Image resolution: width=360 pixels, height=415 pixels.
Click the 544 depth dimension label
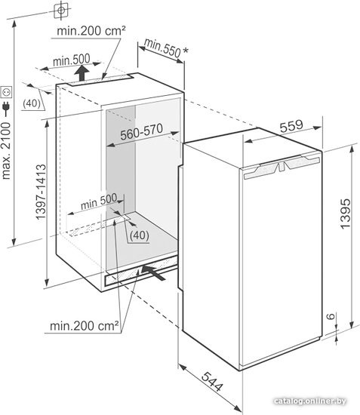coord(212,382)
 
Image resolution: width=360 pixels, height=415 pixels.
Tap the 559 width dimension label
coord(291,126)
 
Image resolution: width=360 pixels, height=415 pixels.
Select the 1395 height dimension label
coord(346,214)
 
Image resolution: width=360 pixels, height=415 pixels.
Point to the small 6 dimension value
coord(331,316)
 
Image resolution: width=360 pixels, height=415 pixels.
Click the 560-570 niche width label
coord(141,131)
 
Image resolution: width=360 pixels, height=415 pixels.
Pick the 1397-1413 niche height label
coord(41,192)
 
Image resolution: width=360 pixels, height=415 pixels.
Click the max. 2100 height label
coord(6,151)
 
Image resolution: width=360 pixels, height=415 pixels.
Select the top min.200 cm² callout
coord(91,31)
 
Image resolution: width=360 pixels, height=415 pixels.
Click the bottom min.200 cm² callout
coord(85,326)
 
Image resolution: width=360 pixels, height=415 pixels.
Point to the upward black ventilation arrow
coord(82,73)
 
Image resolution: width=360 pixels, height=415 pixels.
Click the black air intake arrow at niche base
coord(153,272)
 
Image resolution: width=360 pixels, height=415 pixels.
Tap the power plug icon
coord(6,106)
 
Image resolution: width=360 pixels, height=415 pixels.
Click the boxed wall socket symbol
coord(6,92)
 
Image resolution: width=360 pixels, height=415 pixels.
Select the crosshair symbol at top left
coord(61,10)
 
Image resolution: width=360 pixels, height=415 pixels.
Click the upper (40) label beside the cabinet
coord(31,103)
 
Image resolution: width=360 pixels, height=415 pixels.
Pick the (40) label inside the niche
coord(140,235)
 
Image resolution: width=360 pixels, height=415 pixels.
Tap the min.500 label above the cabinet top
coord(72,60)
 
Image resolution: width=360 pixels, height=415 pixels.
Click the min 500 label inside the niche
coord(99,201)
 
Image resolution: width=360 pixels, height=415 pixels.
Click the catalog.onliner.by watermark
coord(310,401)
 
